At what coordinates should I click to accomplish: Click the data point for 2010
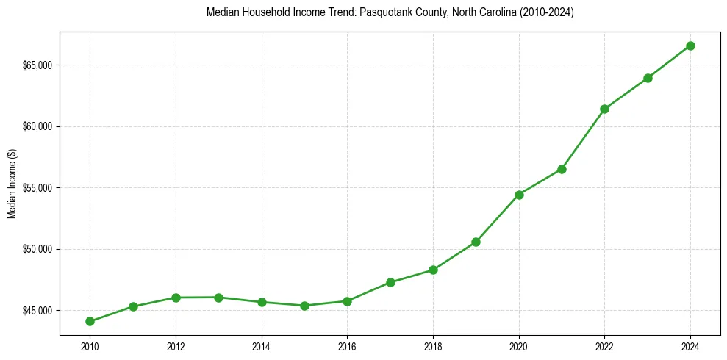pos(90,321)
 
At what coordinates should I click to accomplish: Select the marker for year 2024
pos(690,46)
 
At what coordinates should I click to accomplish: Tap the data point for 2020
pos(519,195)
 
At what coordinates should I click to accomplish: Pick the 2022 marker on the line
pos(604,109)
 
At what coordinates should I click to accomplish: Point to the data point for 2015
pos(304,306)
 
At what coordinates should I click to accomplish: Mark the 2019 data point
pos(476,242)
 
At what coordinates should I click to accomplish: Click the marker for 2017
pos(390,282)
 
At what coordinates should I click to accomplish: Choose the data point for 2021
pos(562,169)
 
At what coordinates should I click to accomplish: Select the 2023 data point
pos(648,78)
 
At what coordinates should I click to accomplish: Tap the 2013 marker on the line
pos(218,298)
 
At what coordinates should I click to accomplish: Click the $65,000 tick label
pos(37,65)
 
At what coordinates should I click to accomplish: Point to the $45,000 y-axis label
pos(37,310)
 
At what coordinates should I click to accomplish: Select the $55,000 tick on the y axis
pos(37,188)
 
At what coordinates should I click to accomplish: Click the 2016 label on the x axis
pos(347,345)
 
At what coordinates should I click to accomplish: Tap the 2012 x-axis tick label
pos(176,345)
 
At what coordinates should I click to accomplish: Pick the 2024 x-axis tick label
pos(690,345)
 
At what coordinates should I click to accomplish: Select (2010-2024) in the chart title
pos(547,13)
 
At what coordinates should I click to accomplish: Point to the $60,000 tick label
pos(37,126)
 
